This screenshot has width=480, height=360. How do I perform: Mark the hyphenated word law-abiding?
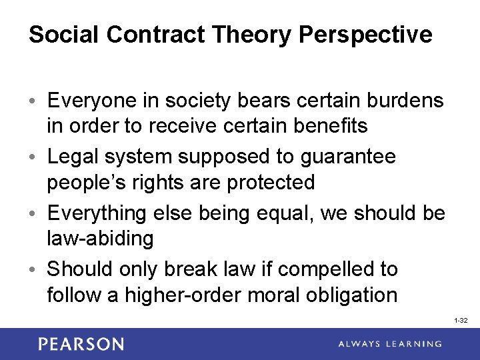(100, 238)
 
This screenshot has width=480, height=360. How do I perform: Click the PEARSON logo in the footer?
(81, 344)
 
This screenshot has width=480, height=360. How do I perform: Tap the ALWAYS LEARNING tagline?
(389, 344)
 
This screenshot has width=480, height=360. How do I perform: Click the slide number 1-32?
(461, 321)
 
